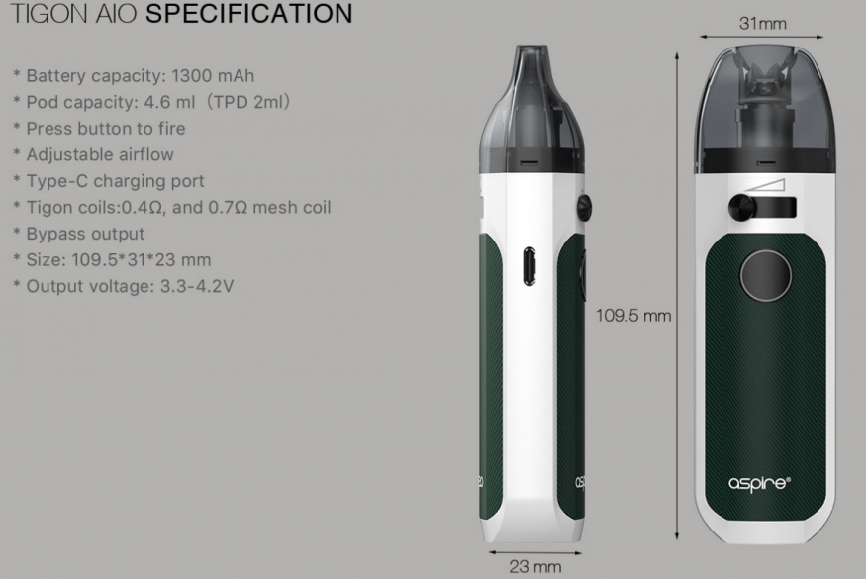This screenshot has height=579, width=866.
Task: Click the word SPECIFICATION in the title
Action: [x=249, y=13]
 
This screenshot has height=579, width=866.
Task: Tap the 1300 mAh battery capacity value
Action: [x=213, y=75]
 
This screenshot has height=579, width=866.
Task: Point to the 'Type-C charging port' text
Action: [x=116, y=181]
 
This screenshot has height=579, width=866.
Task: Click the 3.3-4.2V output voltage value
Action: [x=197, y=286]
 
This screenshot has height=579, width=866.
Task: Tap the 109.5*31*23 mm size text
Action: [x=142, y=259]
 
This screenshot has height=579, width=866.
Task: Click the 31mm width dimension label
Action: [x=763, y=23]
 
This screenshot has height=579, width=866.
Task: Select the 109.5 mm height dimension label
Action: [x=633, y=316]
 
